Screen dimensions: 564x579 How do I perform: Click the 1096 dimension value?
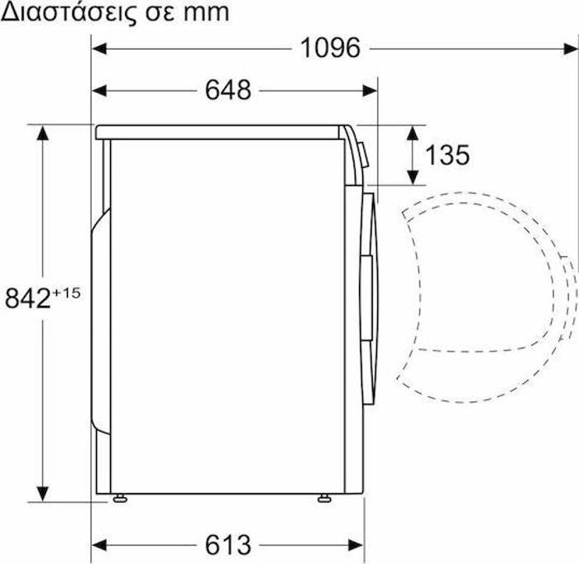[x=330, y=49]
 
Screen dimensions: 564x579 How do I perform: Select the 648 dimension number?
[x=227, y=90]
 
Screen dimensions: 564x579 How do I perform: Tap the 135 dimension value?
[x=447, y=155]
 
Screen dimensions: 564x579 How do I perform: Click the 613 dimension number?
[x=227, y=545]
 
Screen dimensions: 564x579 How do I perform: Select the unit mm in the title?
[x=204, y=14]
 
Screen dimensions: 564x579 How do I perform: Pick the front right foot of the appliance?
[x=321, y=498]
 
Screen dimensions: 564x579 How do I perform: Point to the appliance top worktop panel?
[x=223, y=131]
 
